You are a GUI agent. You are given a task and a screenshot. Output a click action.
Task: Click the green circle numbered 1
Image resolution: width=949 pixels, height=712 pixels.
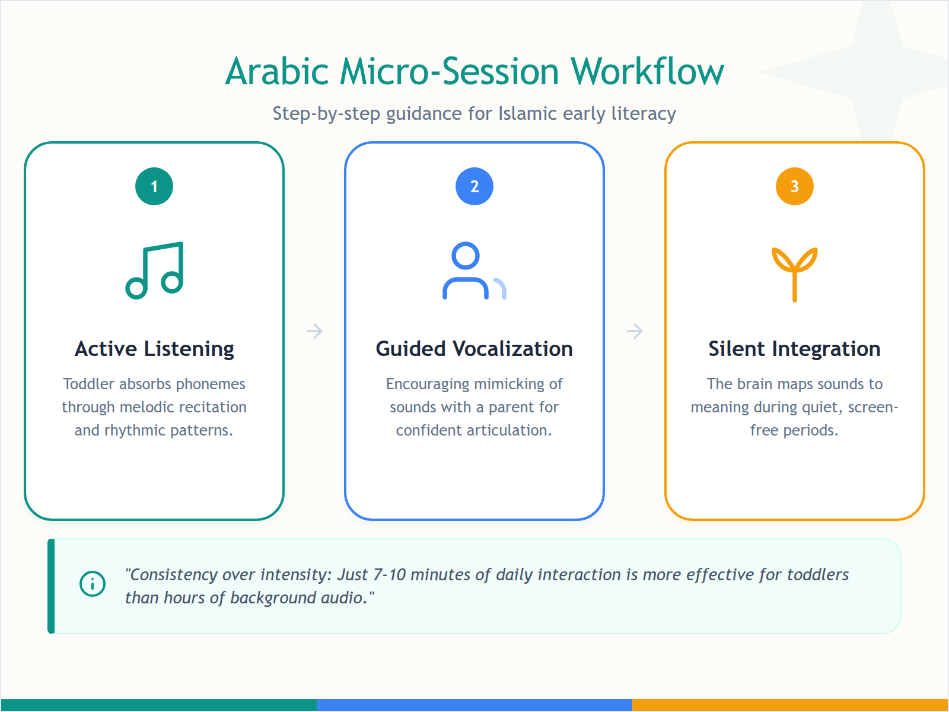click(x=154, y=186)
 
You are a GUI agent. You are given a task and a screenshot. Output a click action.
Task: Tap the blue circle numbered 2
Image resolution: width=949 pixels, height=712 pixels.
click(x=474, y=186)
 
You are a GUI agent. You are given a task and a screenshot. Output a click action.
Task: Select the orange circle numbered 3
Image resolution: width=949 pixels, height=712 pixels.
click(x=795, y=186)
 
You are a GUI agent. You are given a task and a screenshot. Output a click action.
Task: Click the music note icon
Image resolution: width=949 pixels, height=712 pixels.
click(x=154, y=271)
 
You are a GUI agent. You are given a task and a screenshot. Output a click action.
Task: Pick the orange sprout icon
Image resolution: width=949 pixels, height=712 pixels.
click(x=795, y=273)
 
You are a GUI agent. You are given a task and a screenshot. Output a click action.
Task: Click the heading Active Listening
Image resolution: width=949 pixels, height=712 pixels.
click(x=154, y=349)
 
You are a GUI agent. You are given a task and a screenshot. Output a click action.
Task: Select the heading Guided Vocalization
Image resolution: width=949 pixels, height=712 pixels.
click(x=474, y=349)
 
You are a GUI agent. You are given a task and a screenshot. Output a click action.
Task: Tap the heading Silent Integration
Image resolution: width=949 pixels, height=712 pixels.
click(x=795, y=349)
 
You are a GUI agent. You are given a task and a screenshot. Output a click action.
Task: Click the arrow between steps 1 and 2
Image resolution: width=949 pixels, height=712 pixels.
click(x=314, y=331)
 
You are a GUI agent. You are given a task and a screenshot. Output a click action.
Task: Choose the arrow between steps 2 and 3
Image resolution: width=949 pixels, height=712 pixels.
click(x=635, y=331)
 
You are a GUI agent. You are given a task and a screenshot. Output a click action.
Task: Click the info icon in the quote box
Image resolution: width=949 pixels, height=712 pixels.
click(x=93, y=584)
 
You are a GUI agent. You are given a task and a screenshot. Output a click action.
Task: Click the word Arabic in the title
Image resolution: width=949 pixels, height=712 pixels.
click(x=277, y=72)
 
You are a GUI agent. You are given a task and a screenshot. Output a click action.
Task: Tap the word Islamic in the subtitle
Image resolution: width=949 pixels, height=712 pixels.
click(x=528, y=113)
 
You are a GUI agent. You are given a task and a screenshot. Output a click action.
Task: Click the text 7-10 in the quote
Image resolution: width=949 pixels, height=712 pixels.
click(x=389, y=575)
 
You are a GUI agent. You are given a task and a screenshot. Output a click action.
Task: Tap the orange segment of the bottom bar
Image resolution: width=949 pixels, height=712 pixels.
click(x=790, y=705)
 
